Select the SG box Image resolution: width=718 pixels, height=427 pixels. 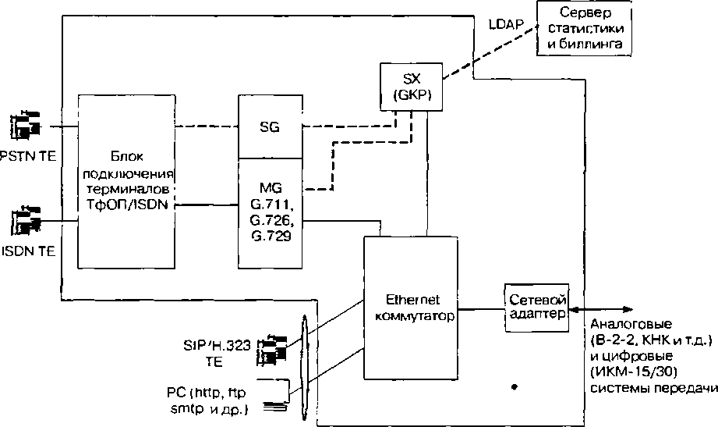[x=269, y=126]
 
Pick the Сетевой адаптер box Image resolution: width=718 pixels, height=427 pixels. [x=535, y=308]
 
